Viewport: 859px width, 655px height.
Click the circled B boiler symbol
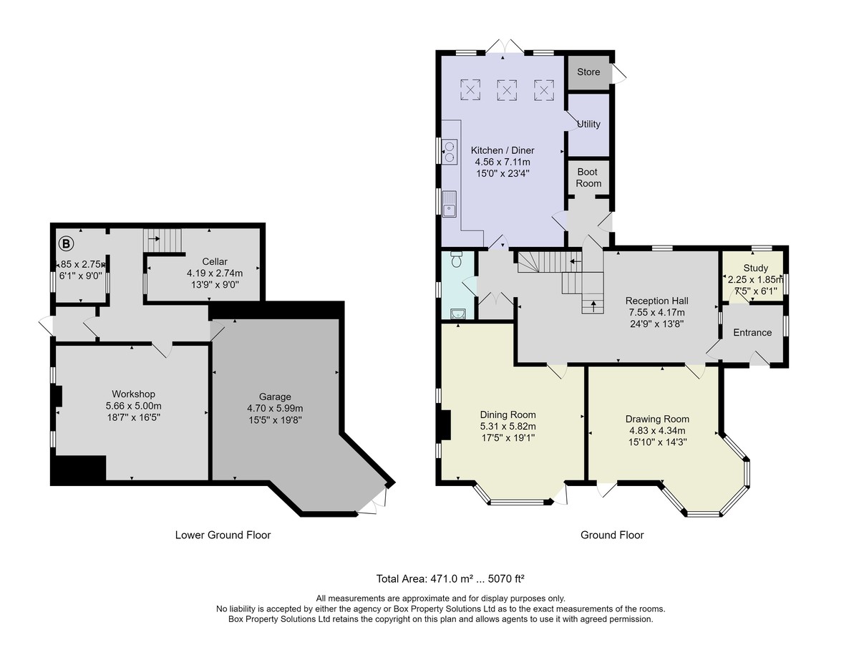(66, 244)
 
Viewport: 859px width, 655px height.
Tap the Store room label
(588, 72)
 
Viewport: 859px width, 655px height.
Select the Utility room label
(588, 124)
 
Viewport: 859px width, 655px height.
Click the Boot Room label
(588, 178)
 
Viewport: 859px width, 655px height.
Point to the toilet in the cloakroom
(456, 259)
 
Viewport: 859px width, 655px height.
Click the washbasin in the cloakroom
(457, 314)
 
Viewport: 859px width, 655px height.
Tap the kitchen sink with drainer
(450, 204)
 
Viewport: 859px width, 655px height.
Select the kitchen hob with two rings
(450, 152)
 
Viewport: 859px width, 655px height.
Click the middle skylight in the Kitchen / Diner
(507, 90)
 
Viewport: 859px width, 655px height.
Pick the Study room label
(755, 268)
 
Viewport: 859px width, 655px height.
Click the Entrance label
(752, 333)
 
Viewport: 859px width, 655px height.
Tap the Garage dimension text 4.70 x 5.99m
(275, 409)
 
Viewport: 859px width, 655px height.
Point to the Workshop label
(133, 394)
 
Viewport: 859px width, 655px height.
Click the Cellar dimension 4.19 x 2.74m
(215, 273)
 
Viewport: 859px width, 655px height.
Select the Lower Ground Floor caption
(223, 535)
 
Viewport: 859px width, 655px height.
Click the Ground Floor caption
(612, 535)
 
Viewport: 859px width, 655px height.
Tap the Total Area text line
(450, 578)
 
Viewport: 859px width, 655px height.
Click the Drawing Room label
(657, 419)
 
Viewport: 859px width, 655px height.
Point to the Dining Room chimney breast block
(446, 425)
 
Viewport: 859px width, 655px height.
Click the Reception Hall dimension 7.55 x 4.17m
(656, 312)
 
